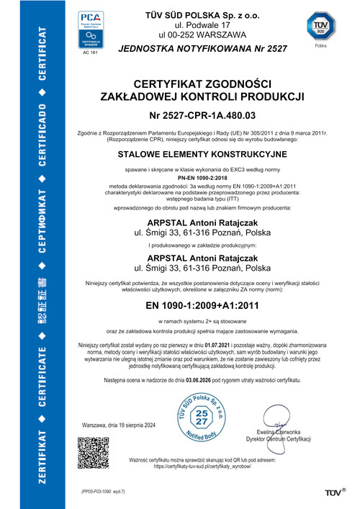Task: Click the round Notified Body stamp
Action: pos(202,415)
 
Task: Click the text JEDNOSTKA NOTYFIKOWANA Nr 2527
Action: pos(202,48)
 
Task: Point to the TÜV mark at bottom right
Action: pos(336,492)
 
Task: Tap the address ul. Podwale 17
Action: pos(202,23)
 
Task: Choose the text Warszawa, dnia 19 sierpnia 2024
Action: pos(119,425)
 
